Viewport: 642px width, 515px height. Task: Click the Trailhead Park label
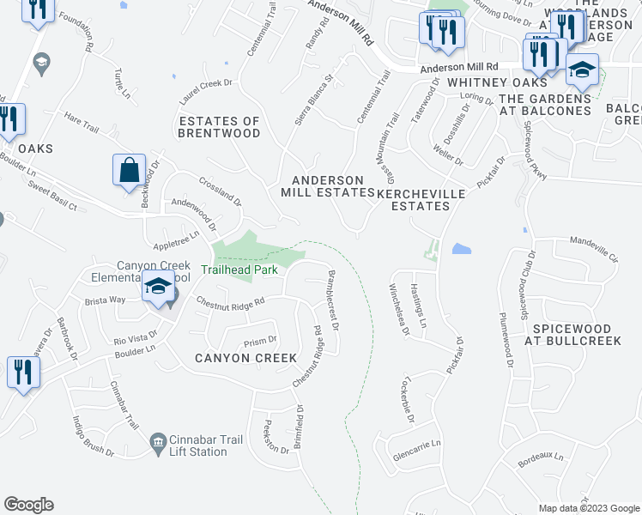point(239,270)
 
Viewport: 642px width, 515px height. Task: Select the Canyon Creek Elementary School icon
point(159,288)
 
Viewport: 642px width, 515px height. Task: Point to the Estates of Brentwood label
point(219,127)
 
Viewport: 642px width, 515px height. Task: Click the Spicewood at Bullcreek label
point(584,335)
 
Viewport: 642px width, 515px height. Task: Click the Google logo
point(29,504)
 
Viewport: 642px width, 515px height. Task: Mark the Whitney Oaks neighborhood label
point(497,82)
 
